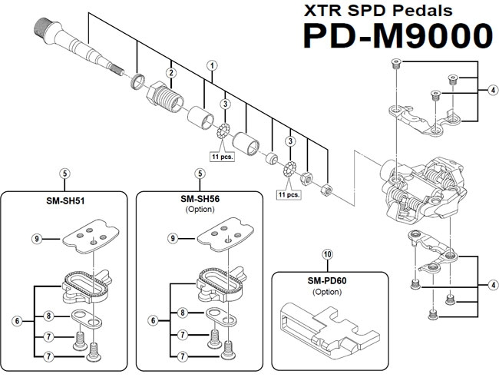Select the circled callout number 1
pos(211,67)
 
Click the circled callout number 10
pos(327,254)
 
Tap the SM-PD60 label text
pos(327,280)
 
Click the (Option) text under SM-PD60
pos(327,291)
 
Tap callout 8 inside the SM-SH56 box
pos(183,313)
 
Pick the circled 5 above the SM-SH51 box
pos(65,174)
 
